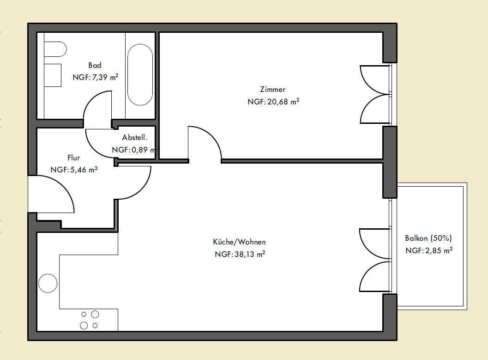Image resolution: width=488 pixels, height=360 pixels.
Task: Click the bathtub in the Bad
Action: [140, 75]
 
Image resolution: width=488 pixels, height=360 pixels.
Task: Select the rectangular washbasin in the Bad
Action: [53, 75]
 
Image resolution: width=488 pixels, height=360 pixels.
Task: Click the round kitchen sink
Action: [48, 283]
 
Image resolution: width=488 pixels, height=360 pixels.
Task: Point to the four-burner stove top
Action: [89, 320]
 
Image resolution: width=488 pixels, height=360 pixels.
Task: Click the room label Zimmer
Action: [273, 89]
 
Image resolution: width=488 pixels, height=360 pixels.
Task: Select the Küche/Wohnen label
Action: [239, 242]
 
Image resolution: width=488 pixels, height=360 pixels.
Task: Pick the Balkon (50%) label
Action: [428, 238]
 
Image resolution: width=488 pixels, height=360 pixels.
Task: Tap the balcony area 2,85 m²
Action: [439, 250]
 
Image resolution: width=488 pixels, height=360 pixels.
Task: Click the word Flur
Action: [74, 158]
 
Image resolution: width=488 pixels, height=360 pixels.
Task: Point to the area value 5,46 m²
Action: [84, 170]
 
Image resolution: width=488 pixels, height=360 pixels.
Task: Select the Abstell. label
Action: [135, 137]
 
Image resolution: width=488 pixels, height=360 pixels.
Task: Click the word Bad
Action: [95, 66]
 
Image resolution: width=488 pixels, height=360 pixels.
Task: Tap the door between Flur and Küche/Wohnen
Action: [142, 189]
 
